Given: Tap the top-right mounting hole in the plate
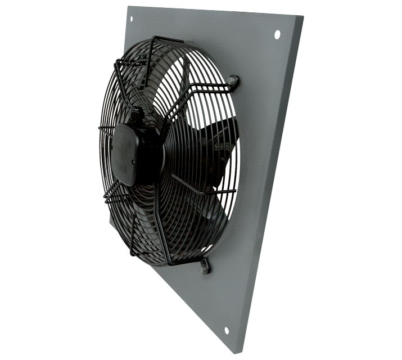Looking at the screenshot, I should point(277,35).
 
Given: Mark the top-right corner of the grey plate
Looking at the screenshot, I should point(303,25).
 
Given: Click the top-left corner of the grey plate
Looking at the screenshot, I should point(128,7).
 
